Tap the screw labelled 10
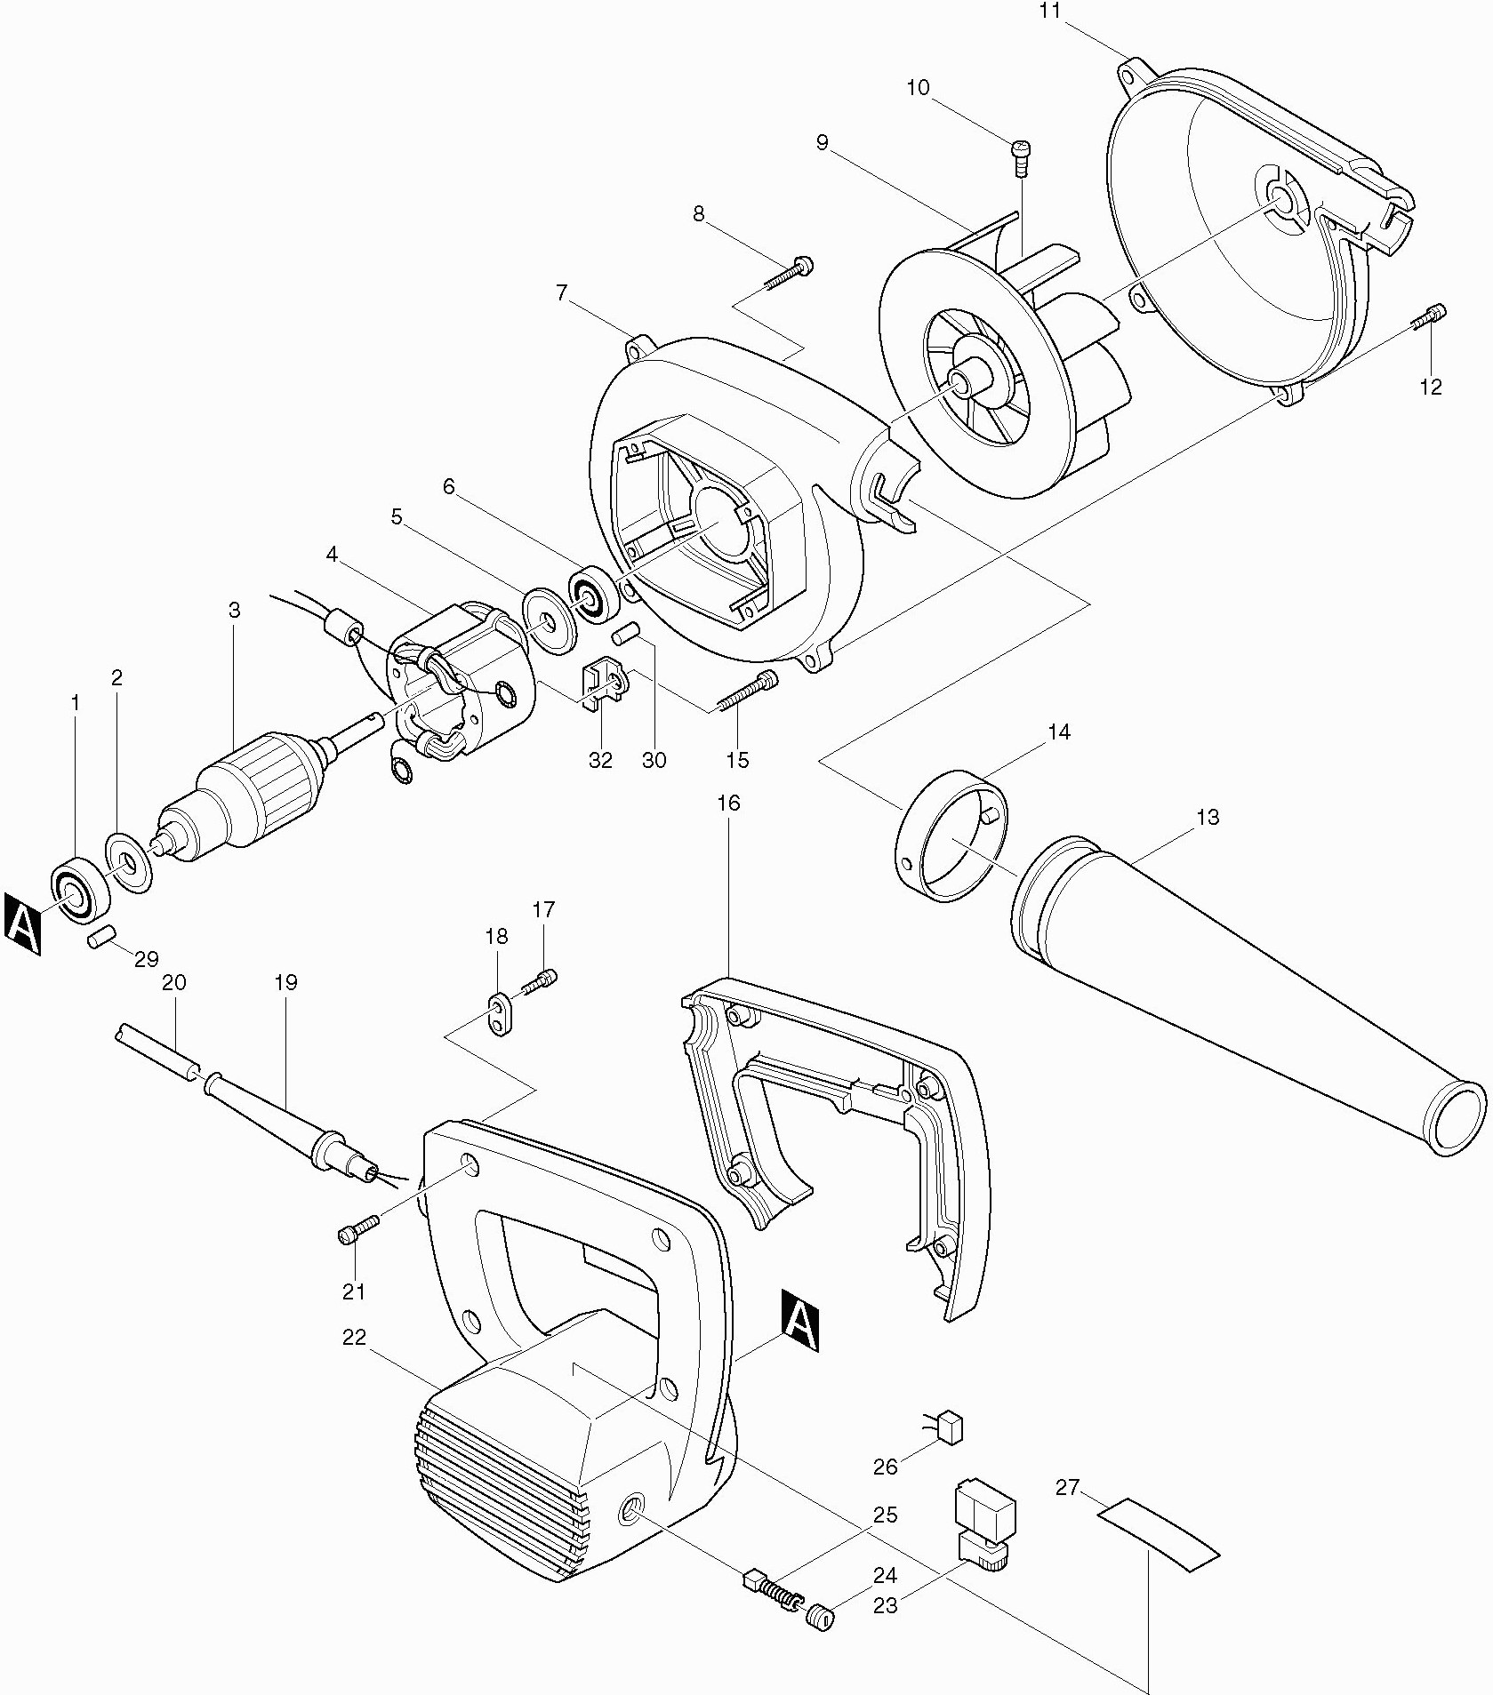point(1020,159)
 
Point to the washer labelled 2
point(129,862)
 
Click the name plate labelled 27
point(1158,1535)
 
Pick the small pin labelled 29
point(101,937)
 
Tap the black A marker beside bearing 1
point(23,926)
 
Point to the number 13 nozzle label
point(1208,817)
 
